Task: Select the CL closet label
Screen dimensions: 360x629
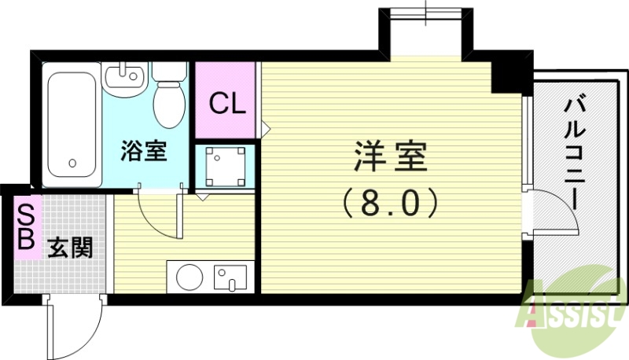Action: coord(227,102)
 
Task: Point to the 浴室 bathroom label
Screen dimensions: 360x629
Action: coord(143,150)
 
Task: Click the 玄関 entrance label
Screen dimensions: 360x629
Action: coord(70,248)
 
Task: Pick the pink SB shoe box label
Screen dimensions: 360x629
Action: coord(25,227)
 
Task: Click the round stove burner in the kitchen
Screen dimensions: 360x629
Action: coord(190,277)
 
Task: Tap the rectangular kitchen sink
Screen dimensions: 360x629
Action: coord(230,277)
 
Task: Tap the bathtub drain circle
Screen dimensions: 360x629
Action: coord(72,164)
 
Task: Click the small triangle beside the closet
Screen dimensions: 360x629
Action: coord(266,125)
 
